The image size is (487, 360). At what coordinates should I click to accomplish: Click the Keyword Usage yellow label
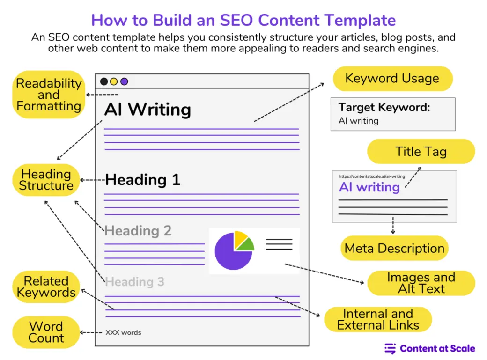392,79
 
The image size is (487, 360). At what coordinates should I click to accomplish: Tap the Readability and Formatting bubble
49,95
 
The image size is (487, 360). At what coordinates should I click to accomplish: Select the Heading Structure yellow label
46,180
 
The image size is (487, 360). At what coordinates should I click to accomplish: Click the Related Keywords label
46,287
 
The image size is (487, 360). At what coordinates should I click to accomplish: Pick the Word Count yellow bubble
46,332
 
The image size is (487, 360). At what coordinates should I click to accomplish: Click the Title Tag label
421,152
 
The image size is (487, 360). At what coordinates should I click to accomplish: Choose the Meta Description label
394,248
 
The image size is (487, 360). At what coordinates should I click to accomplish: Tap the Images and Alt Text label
421,283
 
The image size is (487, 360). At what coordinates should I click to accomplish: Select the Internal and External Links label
378,319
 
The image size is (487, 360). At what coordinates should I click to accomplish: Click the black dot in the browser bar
104,81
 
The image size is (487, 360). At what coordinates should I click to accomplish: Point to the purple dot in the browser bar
124,81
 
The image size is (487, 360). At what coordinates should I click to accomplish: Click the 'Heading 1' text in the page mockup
143,180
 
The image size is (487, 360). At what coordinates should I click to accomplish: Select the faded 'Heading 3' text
135,282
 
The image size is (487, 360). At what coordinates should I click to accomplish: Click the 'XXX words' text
123,333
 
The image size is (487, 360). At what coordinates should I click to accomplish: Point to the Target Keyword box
392,114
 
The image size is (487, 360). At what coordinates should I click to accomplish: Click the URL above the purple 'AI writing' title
372,176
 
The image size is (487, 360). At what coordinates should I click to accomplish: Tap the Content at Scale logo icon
390,348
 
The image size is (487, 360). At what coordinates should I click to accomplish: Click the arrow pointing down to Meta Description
393,226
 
